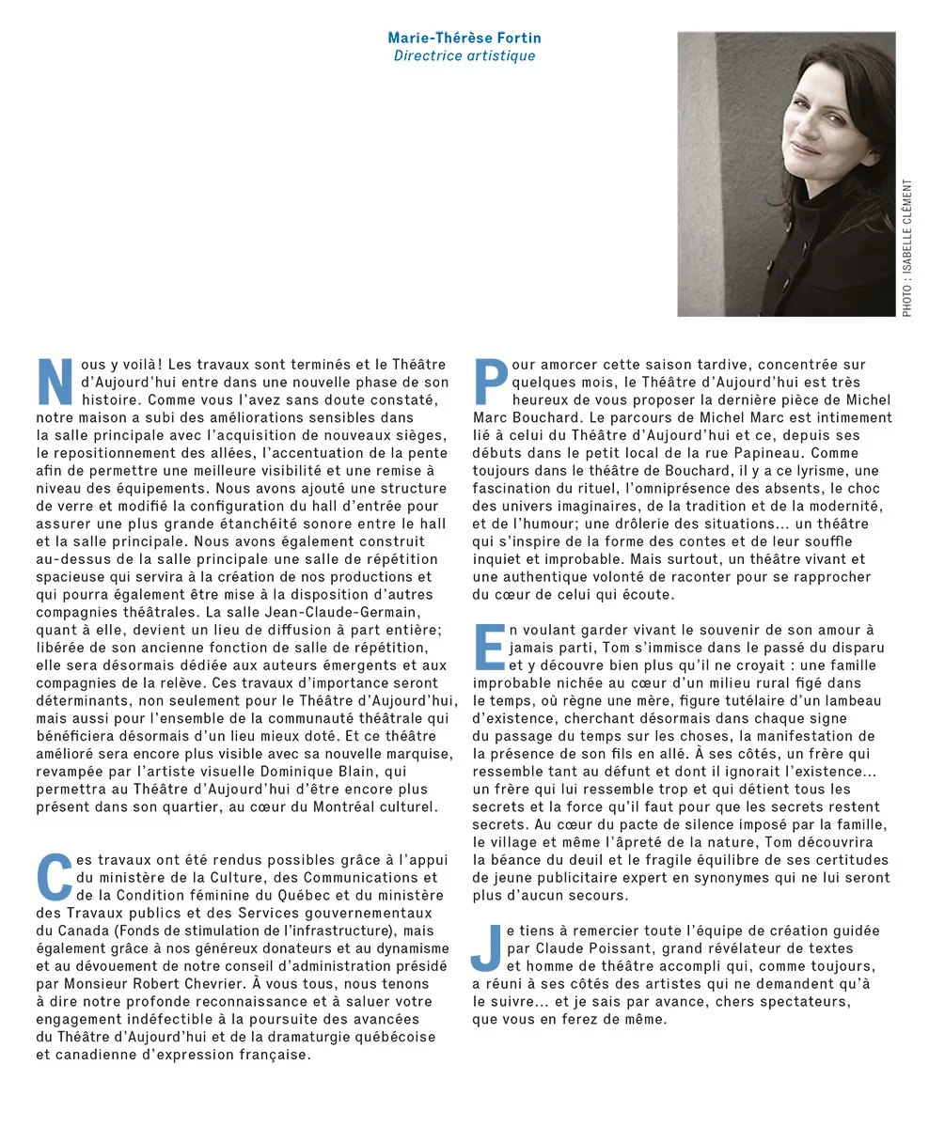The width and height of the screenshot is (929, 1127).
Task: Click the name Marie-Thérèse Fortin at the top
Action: [x=464, y=38]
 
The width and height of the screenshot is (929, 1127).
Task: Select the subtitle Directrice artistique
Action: [x=464, y=55]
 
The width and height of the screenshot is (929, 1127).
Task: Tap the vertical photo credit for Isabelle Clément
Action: [x=907, y=247]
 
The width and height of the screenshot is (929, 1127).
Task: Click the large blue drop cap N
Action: [x=55, y=382]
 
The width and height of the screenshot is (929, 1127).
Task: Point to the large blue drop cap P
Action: [x=491, y=382]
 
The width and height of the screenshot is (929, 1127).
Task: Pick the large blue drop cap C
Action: [x=54, y=876]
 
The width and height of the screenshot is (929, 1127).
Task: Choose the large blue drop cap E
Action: [x=489, y=647]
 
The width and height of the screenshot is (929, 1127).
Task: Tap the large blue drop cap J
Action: [x=485, y=946]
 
